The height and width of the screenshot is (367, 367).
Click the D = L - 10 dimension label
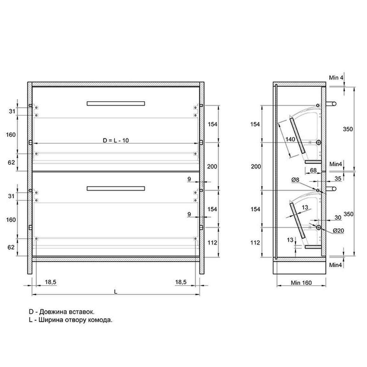(116, 140)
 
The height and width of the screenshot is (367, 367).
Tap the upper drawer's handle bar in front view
(116, 103)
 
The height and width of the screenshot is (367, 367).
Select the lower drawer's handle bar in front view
(116, 188)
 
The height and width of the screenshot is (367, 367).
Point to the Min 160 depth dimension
(301, 283)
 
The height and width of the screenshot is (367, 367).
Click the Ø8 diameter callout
(295, 180)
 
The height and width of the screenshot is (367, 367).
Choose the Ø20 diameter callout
(338, 230)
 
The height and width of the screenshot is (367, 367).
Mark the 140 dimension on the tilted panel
(290, 139)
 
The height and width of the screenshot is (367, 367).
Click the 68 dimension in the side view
(313, 170)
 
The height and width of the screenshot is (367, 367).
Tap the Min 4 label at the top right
(336, 78)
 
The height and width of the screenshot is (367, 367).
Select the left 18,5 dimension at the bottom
(50, 282)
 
